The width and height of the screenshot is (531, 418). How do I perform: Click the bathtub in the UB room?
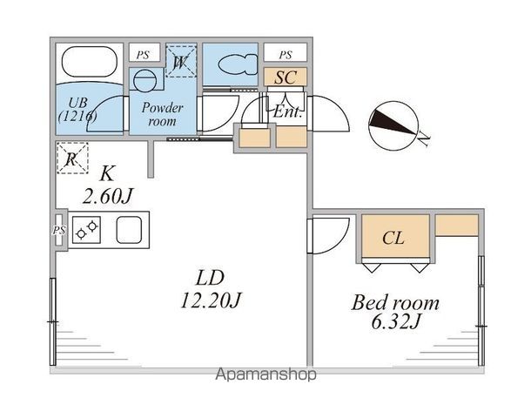coord(89,64)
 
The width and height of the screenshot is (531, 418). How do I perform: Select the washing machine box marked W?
coord(181,62)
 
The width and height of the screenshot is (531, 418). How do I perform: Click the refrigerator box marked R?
coord(71,158)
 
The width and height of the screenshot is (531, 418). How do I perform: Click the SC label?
coord(286,77)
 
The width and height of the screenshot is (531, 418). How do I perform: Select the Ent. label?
coord(286,111)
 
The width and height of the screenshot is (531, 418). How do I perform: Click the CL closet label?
coord(393,239)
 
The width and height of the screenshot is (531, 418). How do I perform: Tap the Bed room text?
coord(395,304)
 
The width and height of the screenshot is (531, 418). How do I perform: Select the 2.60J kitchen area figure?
coord(106,196)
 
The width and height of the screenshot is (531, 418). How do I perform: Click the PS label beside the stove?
coord(59,231)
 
